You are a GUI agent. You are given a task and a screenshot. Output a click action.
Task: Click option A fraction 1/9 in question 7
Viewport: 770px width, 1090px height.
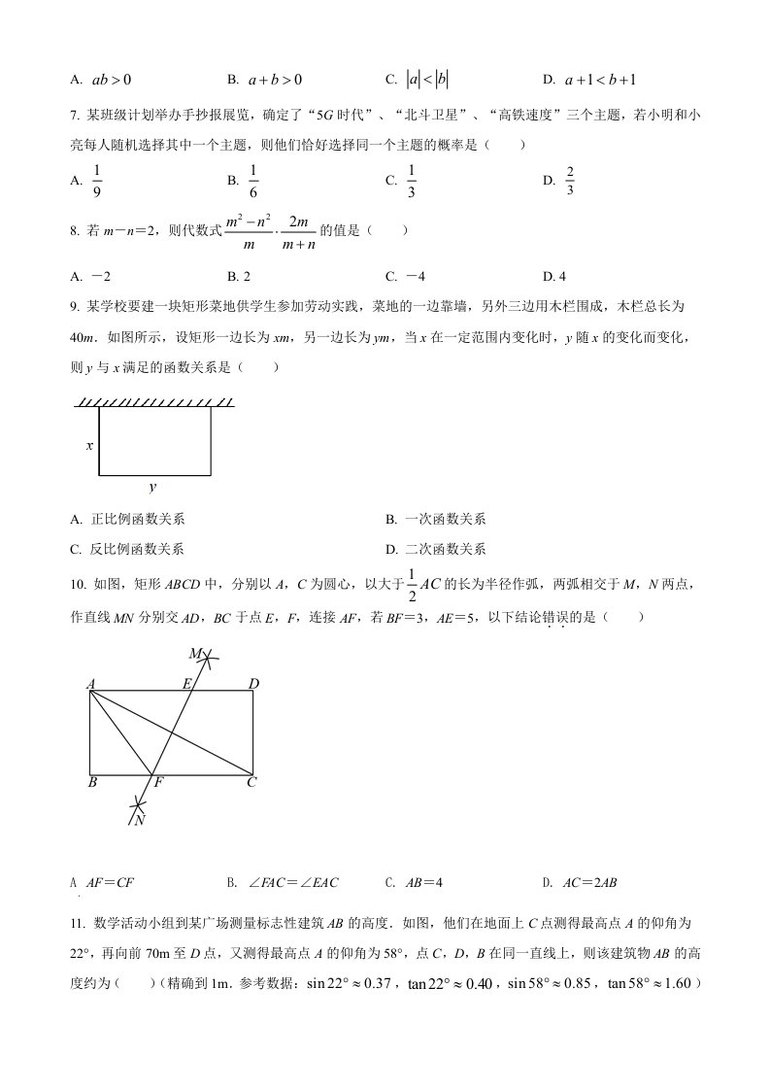point(96,180)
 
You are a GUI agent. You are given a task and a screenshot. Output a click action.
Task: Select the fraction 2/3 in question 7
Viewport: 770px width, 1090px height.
point(570,180)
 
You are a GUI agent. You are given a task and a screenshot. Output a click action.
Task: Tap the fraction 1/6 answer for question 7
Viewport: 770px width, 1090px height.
point(252,180)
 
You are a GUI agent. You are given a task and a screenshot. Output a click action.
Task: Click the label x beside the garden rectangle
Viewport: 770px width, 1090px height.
point(89,446)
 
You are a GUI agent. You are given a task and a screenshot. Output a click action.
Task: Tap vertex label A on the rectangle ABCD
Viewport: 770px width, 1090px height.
point(90,684)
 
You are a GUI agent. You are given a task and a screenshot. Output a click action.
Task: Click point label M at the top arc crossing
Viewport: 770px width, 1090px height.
point(195,653)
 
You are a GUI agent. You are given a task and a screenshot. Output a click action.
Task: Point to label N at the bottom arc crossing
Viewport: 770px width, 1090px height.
point(140,820)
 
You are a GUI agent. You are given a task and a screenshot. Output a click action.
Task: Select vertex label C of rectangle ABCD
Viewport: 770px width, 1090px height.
point(251,782)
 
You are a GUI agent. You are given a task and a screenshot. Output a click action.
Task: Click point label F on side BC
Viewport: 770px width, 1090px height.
point(157,782)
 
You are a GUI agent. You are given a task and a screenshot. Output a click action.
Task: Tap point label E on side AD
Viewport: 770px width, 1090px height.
point(186,684)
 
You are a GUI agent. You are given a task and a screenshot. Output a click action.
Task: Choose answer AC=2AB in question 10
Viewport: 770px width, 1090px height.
point(590,883)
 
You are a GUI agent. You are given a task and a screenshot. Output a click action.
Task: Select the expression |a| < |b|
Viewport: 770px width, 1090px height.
point(427,80)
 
